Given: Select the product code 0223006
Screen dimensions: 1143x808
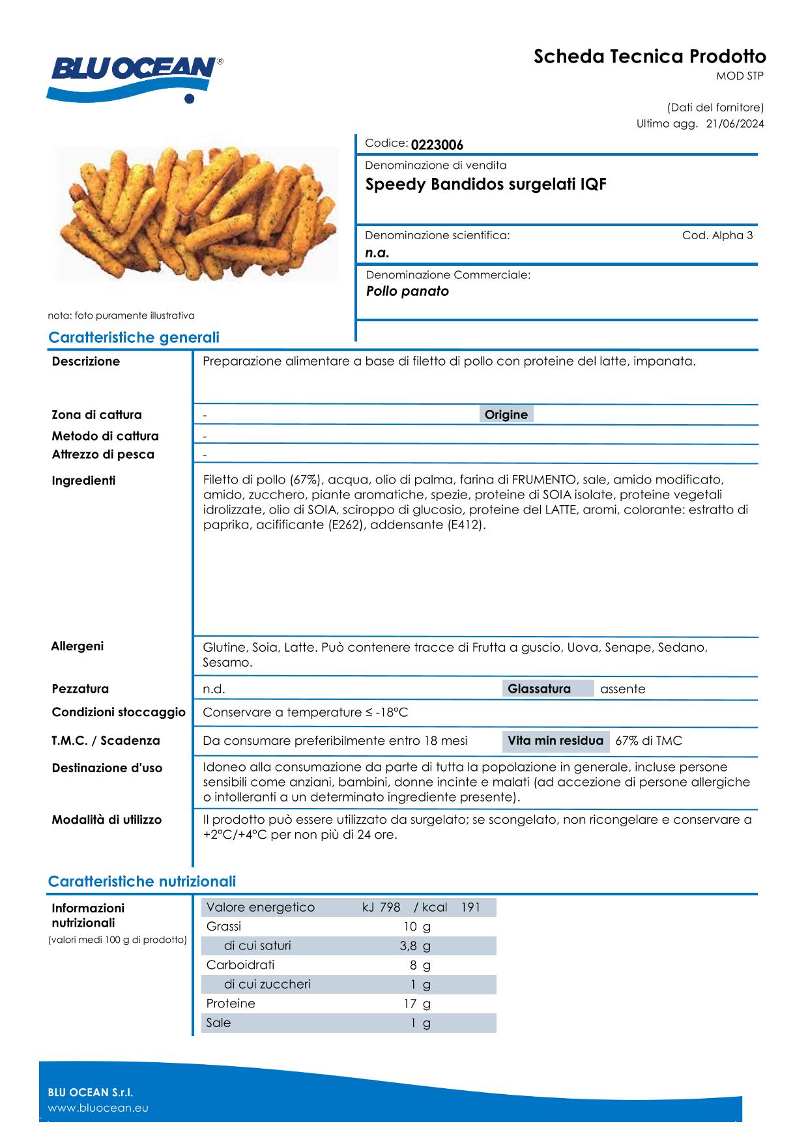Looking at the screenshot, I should [x=437, y=145].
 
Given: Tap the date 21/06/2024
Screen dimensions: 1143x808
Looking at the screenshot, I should [x=735, y=124].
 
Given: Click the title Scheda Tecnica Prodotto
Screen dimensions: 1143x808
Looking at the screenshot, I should [x=650, y=57].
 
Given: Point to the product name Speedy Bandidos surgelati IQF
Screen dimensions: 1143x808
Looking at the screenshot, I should [x=485, y=184].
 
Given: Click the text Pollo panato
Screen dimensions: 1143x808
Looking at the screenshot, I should [x=407, y=291].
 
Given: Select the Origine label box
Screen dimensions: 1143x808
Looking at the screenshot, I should [x=506, y=414].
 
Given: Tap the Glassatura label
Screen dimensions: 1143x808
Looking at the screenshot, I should [x=539, y=689].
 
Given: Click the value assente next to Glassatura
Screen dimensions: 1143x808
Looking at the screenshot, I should [x=622, y=689].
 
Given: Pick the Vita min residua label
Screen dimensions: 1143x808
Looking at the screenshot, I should [x=555, y=740].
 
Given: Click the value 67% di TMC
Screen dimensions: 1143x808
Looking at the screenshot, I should [x=648, y=741].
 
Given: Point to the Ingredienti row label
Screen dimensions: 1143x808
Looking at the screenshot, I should [x=83, y=480].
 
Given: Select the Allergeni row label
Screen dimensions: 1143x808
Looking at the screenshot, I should [x=77, y=646].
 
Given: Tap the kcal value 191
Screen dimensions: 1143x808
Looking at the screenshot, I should [x=470, y=907].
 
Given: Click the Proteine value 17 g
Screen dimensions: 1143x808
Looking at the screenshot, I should [x=417, y=1004].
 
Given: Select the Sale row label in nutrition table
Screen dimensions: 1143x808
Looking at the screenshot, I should [x=218, y=1022].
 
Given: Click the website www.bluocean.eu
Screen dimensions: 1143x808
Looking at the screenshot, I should [x=98, y=1108].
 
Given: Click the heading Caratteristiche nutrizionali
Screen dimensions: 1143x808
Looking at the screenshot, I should [x=142, y=881].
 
